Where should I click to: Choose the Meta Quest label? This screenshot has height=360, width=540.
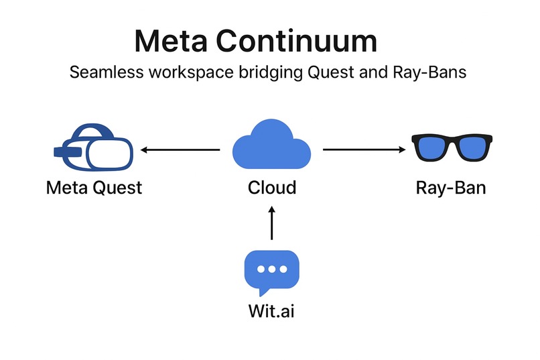(94, 187)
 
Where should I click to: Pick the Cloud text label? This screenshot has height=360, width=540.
(271, 187)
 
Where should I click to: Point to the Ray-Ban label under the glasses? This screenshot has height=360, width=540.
(450, 187)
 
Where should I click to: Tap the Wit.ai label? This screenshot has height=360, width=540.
(271, 312)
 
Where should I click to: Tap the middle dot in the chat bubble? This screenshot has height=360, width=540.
(271, 268)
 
